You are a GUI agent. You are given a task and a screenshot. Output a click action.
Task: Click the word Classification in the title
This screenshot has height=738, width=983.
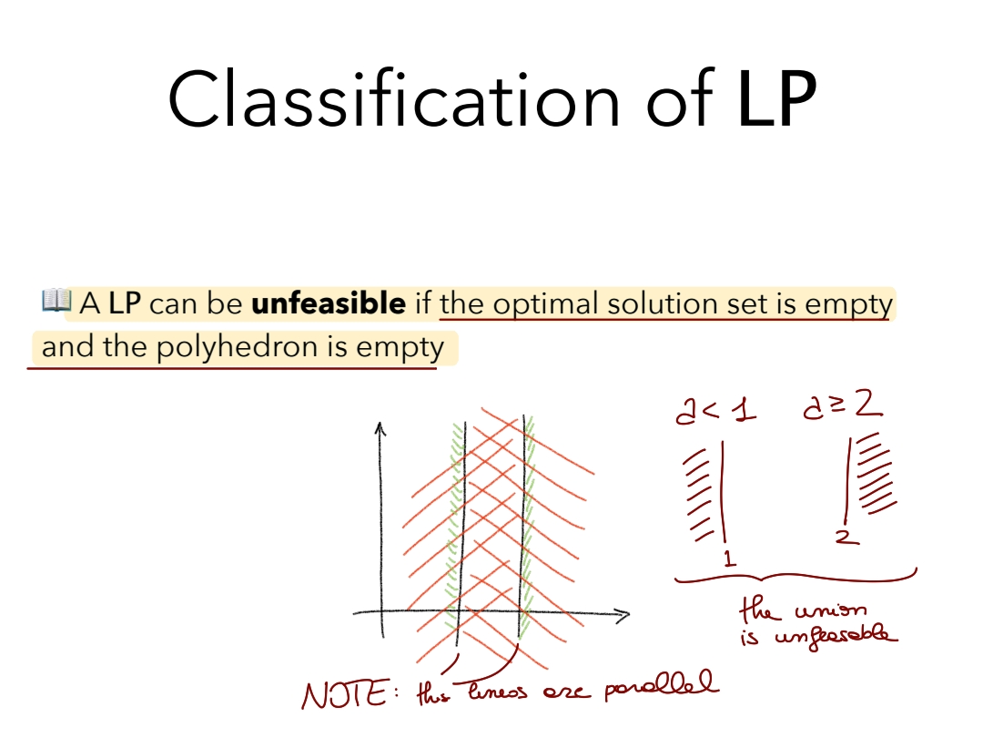[x=394, y=99]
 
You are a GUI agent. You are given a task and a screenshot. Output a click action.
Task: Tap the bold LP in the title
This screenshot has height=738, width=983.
[x=776, y=99]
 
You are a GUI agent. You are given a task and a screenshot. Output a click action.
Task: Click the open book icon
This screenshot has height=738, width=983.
[x=56, y=301]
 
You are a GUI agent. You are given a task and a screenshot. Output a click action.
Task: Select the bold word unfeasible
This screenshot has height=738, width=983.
[x=329, y=303]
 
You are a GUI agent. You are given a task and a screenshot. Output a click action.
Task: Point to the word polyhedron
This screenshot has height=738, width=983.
[x=237, y=347]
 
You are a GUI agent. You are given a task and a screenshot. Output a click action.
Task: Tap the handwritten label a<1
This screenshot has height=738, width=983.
[x=715, y=411]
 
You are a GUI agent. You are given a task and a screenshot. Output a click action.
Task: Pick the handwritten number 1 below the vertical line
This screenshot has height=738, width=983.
[x=728, y=558]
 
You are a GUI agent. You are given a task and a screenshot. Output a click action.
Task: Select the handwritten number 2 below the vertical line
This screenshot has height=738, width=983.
[x=847, y=537]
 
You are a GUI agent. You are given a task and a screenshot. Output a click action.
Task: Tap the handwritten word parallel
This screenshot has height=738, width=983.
[x=662, y=685]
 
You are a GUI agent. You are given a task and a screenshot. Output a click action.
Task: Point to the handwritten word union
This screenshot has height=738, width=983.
[x=831, y=610]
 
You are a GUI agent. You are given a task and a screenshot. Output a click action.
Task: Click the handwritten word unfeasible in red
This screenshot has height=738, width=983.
[x=836, y=635]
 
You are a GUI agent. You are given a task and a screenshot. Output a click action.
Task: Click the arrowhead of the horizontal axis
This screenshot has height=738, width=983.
[x=623, y=616]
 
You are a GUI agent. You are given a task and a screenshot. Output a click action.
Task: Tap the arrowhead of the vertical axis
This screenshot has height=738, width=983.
[x=380, y=428]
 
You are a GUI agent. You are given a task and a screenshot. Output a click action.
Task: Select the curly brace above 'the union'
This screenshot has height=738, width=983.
[x=796, y=576]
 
